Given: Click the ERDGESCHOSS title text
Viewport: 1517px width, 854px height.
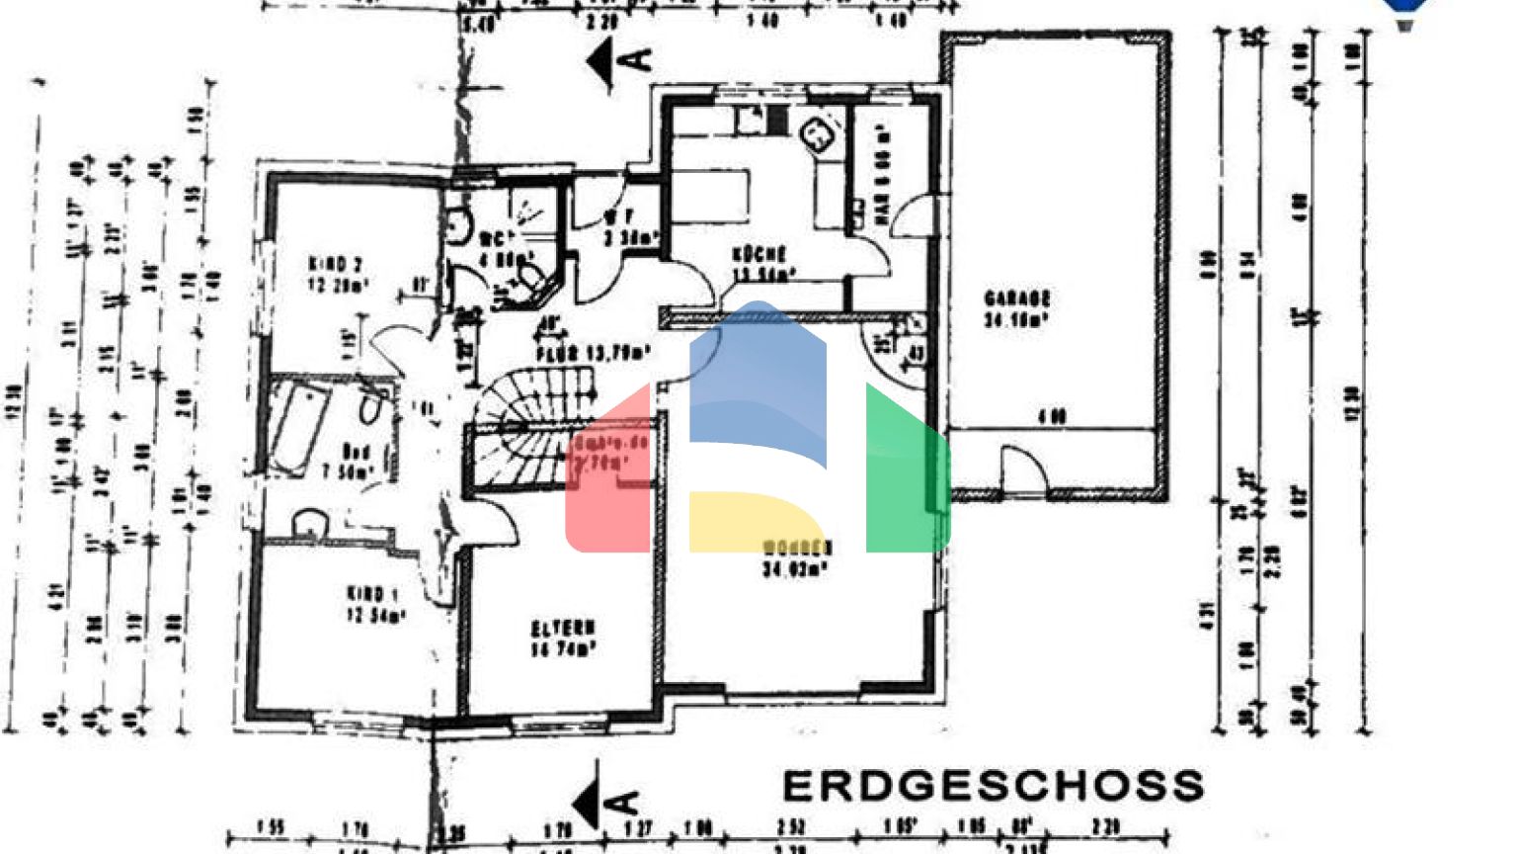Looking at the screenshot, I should pos(993,787).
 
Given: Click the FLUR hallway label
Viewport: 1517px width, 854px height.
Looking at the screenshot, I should pos(593,353).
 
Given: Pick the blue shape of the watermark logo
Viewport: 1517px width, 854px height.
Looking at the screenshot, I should pos(758,376).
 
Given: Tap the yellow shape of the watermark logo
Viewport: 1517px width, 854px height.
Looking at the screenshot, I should pos(751,520).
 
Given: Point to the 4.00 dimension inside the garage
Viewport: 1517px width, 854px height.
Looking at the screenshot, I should pos(1052,417).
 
